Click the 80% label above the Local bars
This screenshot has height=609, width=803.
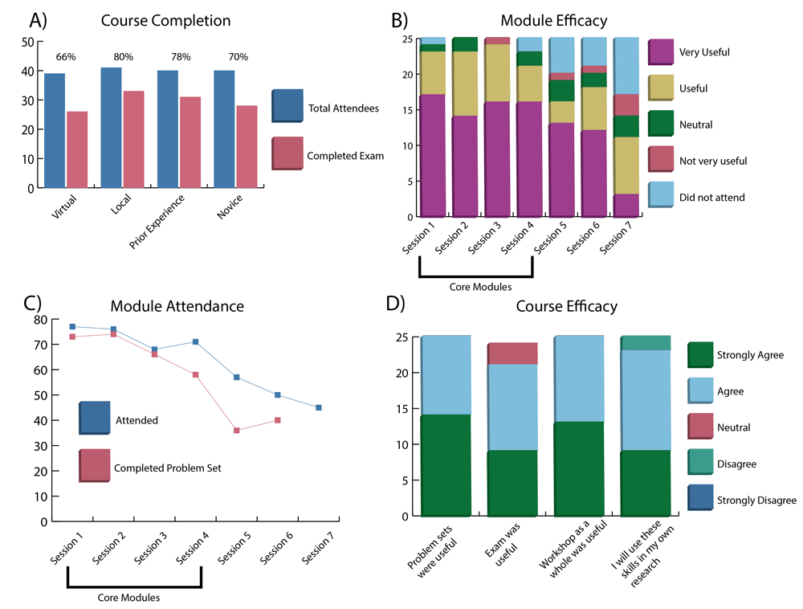coord(124,57)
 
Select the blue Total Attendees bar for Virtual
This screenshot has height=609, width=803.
coord(55,131)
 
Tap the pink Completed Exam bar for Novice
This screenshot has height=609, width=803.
coord(247,146)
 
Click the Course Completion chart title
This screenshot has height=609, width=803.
coord(166,21)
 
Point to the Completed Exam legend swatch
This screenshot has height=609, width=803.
coord(287,153)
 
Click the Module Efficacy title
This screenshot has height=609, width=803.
coord(554,21)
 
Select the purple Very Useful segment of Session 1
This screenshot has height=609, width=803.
coord(433,156)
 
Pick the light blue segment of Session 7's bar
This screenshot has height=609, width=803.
coord(626,66)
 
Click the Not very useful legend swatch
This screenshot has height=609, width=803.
coord(661,159)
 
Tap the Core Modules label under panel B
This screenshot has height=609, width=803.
coord(480,287)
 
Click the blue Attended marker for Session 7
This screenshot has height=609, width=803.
coord(319,407)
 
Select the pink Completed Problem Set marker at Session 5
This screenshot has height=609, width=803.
coord(237,431)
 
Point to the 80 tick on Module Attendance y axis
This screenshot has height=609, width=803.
coord(40,320)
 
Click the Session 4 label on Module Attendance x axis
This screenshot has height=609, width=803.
coord(193,548)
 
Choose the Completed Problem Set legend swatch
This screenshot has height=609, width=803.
coord(95,465)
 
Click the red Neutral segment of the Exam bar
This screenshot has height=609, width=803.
coord(512,354)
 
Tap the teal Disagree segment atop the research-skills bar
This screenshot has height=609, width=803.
coord(646,343)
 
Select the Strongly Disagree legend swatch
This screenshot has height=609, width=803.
coord(700,498)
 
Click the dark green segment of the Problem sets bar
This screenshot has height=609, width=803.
coord(446,465)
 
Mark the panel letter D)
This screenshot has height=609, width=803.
coord(395,303)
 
